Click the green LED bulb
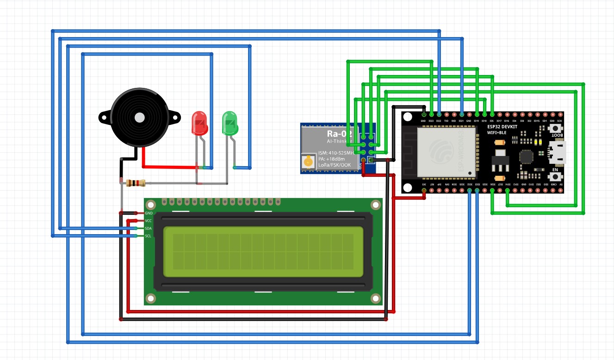[x=230, y=123]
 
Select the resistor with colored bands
[x=135, y=183]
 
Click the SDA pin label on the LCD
[x=148, y=229]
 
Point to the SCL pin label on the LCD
[x=148, y=236]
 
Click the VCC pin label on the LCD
[x=148, y=221]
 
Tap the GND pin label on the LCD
[x=149, y=213]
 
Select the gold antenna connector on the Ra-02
[x=307, y=162]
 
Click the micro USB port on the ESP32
[x=557, y=153]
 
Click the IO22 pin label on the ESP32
[x=439, y=121]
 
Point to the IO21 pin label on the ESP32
[x=461, y=121]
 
